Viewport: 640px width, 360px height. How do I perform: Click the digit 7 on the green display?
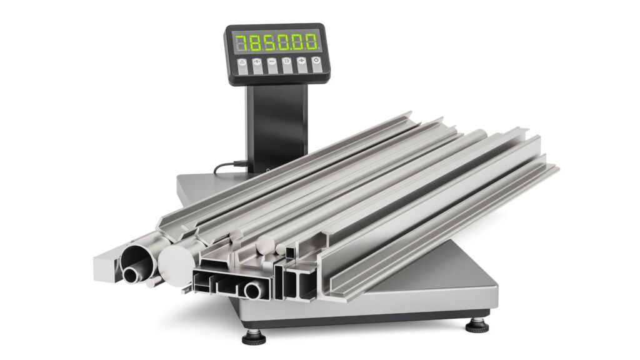[242, 42]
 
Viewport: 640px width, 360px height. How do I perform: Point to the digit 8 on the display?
[255, 42]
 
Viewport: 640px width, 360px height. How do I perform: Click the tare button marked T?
[257, 66]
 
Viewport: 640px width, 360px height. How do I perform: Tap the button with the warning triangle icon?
[242, 66]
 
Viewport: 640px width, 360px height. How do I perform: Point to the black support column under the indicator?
[276, 126]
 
